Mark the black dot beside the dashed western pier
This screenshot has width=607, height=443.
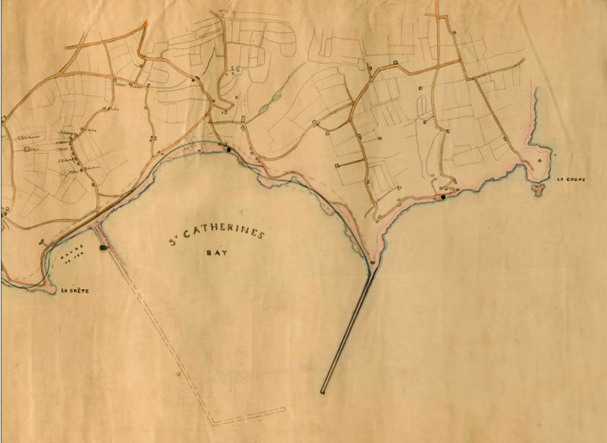coord(103,247)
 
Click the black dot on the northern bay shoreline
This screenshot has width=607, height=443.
coord(228,149)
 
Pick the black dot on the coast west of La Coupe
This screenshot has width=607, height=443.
coord(443,197)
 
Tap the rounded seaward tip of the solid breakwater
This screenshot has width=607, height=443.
coord(324,391)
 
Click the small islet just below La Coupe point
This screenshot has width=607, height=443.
coord(540,188)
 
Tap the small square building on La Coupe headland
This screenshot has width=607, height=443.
coord(539,161)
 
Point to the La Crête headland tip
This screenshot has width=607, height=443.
coord(53,290)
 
